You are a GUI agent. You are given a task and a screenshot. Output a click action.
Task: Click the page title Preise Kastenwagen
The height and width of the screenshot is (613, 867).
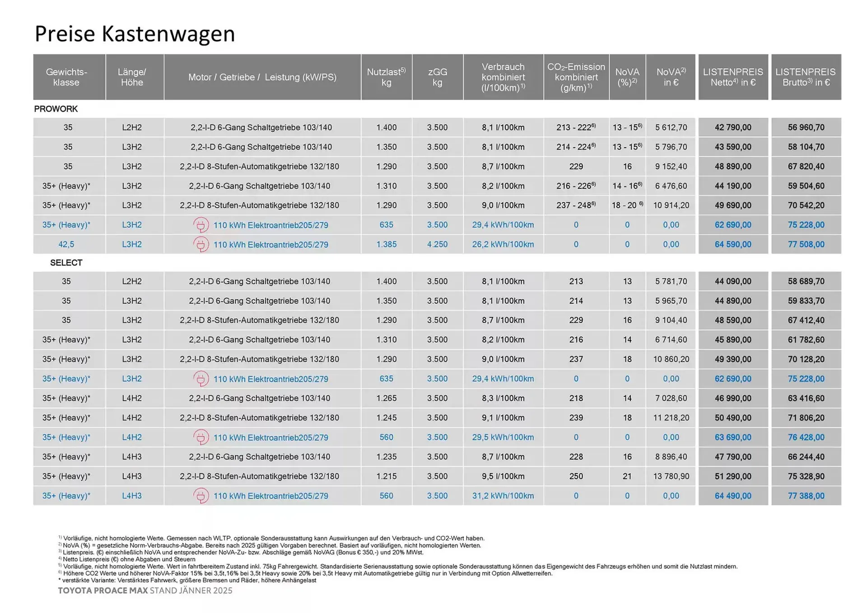(x=135, y=34)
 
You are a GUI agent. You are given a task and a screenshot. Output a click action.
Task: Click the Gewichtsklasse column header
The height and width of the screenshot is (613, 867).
(x=66, y=77)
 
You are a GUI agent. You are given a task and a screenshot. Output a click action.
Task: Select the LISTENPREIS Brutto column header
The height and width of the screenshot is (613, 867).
(x=806, y=77)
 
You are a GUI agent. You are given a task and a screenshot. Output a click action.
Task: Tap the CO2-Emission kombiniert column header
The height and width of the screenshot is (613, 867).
(x=576, y=77)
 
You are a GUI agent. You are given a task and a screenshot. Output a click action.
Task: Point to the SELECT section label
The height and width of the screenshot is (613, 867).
(x=66, y=263)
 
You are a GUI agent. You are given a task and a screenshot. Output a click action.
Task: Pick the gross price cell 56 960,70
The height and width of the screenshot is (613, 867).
(x=806, y=127)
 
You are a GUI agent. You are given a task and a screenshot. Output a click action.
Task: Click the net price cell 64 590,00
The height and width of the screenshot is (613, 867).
(x=732, y=244)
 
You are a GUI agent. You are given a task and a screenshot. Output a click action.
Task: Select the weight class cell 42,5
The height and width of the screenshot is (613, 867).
(x=66, y=244)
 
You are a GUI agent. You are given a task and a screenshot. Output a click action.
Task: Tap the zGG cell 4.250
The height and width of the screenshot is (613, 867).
(x=437, y=244)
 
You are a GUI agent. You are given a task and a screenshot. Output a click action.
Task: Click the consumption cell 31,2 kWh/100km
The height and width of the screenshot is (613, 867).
(x=503, y=496)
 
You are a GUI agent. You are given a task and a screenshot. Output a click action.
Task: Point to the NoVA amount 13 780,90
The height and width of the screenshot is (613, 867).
(x=671, y=476)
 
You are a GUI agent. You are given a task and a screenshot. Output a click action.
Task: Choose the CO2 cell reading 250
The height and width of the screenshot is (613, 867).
(x=576, y=476)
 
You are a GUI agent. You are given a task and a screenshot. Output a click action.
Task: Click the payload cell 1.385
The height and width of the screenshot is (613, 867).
(x=386, y=244)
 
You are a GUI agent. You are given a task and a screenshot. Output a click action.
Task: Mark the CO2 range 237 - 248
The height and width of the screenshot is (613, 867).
(x=576, y=205)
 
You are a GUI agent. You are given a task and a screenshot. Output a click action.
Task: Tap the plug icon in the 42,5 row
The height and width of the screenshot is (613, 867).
(x=201, y=244)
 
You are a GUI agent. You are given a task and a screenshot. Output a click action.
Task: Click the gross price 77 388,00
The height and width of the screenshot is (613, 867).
(x=806, y=496)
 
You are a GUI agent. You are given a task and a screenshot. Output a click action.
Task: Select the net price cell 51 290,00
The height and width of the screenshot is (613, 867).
(x=732, y=476)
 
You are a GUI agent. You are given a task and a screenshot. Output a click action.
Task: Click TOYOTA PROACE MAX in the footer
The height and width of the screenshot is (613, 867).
(x=103, y=590)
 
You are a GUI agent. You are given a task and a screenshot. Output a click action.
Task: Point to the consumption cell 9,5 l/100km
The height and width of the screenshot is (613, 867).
(x=503, y=476)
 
